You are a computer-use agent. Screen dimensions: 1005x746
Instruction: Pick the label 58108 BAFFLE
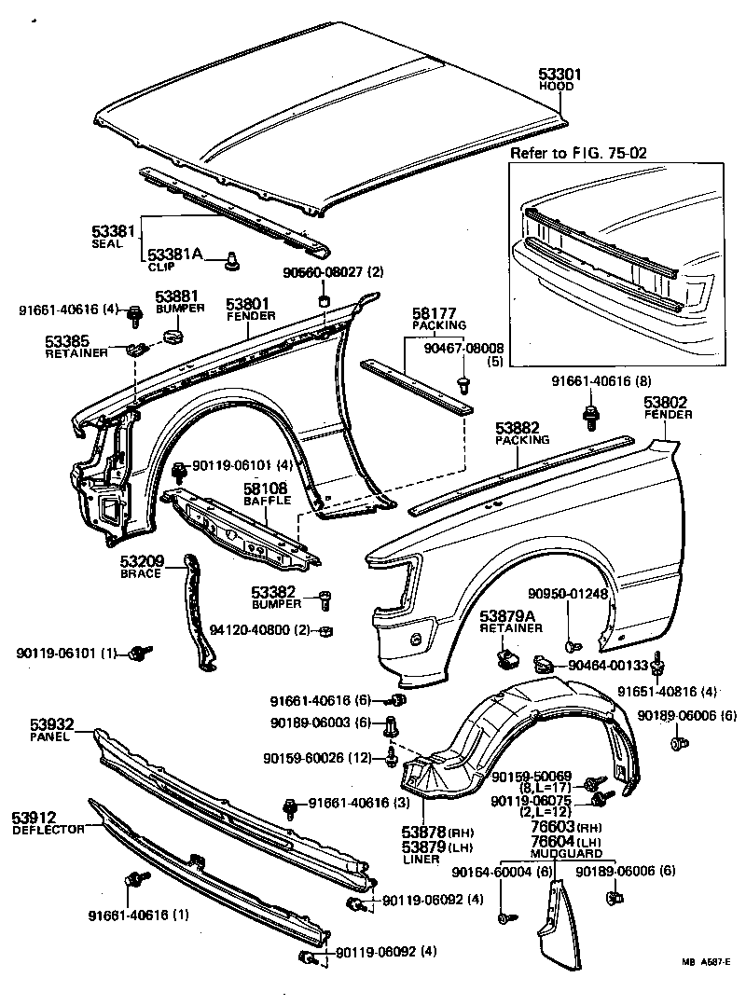click(266, 493)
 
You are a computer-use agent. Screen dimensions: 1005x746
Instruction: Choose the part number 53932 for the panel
click(32, 724)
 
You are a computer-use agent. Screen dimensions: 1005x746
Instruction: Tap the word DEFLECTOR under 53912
click(47, 830)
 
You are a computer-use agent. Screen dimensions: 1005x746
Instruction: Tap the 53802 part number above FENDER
click(667, 402)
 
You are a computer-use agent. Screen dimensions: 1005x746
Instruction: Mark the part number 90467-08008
click(463, 348)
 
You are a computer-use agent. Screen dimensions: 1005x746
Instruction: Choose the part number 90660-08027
click(321, 272)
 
